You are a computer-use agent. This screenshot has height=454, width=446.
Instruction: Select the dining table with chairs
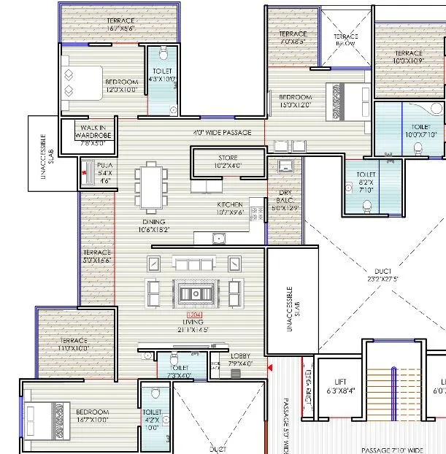coord(153,188)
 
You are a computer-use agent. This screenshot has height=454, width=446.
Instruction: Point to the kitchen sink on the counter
coord(217,238)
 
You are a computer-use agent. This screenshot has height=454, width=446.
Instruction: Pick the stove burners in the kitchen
coord(256,212)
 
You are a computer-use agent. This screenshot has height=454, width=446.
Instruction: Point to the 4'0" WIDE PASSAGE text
coord(222,133)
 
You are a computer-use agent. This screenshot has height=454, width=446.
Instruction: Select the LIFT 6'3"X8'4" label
coord(339,386)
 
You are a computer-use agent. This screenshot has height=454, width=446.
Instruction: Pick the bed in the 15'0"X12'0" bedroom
coord(343,102)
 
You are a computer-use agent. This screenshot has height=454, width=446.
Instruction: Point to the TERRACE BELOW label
coord(346,40)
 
